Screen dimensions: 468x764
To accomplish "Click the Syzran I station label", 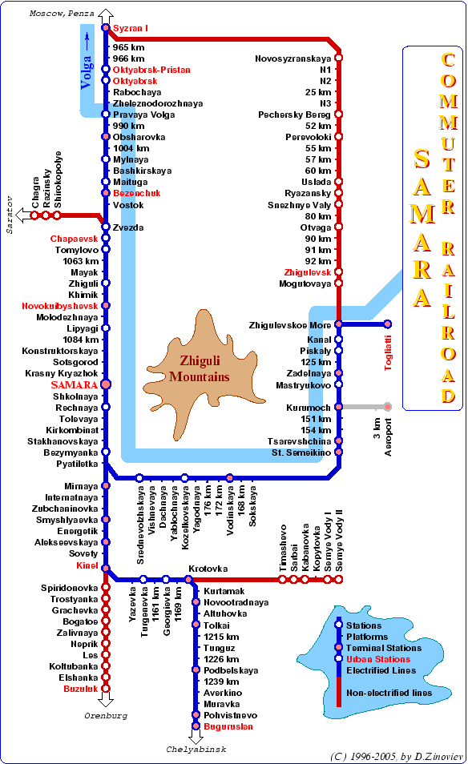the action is point(130,28).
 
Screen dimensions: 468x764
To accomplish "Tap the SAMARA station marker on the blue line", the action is point(106,384).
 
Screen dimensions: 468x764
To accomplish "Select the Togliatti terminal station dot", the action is point(388,324).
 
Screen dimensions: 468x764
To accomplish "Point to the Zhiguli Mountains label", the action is point(200,369).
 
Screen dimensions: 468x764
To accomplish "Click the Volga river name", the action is point(86,73).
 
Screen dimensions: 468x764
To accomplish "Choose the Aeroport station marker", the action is point(388,407).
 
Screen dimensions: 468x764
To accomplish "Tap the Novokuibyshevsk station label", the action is point(60,306).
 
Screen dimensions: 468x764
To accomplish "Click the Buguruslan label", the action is point(228,726).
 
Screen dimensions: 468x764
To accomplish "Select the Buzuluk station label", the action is point(80,689).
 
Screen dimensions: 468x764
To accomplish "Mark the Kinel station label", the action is point(87,565).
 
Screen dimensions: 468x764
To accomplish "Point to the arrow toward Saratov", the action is point(23,215).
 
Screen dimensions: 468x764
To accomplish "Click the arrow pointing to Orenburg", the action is point(106,700).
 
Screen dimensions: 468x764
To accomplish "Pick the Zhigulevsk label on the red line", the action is point(308,272).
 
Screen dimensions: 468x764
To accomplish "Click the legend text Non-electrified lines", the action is point(389,693).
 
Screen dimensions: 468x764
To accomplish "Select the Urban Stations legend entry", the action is point(378,659).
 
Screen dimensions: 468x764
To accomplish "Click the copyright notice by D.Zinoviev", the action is point(397,756).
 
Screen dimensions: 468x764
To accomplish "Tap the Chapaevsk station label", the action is point(74,239).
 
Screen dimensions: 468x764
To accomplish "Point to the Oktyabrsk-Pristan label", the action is point(151,70).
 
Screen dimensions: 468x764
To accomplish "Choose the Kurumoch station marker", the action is point(338,407).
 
